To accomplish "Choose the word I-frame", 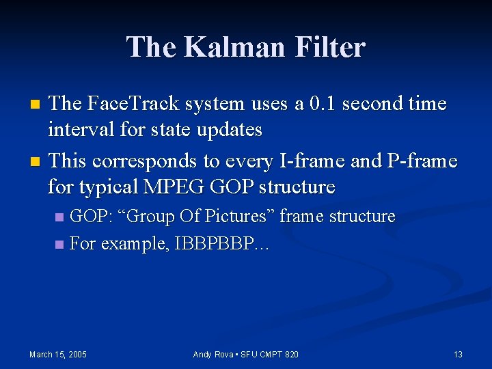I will pyautogui.click(x=303, y=161).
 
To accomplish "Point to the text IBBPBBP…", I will pyautogui.click(x=221, y=244).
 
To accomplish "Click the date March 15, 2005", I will pyautogui.click(x=57, y=354).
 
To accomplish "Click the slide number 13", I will pyautogui.click(x=458, y=354).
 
